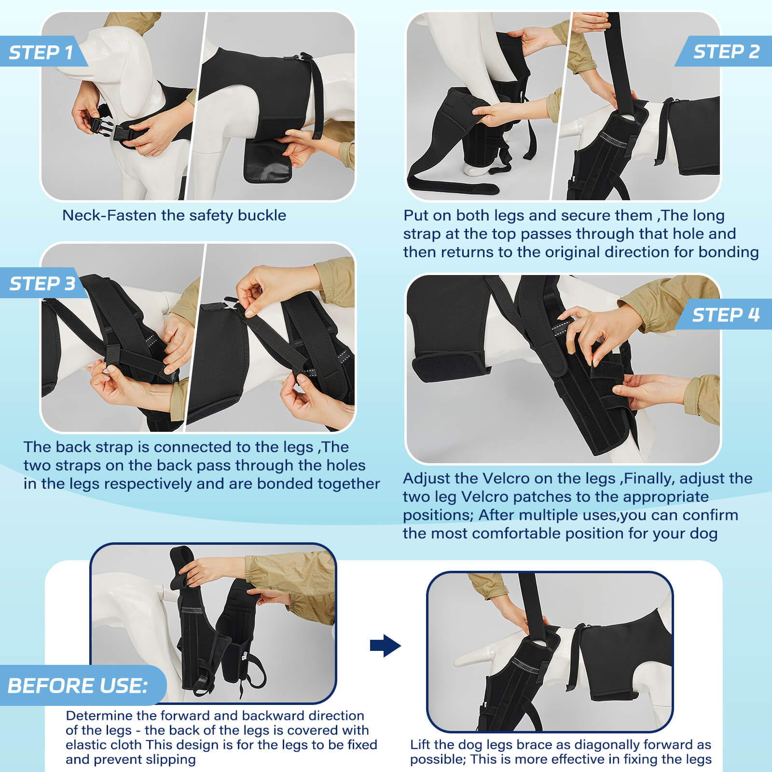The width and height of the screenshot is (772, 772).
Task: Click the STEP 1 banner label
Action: [41, 52]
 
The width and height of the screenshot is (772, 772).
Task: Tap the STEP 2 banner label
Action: [726, 51]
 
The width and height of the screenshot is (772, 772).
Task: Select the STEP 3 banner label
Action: [42, 283]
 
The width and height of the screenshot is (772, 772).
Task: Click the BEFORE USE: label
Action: [77, 686]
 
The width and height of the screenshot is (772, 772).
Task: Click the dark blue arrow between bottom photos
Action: [385, 645]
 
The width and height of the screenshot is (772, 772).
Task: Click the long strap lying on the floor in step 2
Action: [449, 186]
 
